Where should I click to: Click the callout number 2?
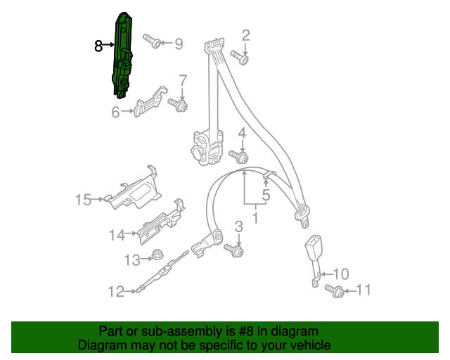[246, 36]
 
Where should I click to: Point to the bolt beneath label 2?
[241, 58]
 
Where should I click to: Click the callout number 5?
[266, 195]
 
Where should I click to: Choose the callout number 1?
[255, 218]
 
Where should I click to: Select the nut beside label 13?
[156, 257]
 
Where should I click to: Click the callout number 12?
[115, 290]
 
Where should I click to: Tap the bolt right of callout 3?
[235, 250]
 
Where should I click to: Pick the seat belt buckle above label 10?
[312, 253]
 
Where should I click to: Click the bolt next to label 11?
[335, 290]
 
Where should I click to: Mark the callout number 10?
[340, 274]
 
